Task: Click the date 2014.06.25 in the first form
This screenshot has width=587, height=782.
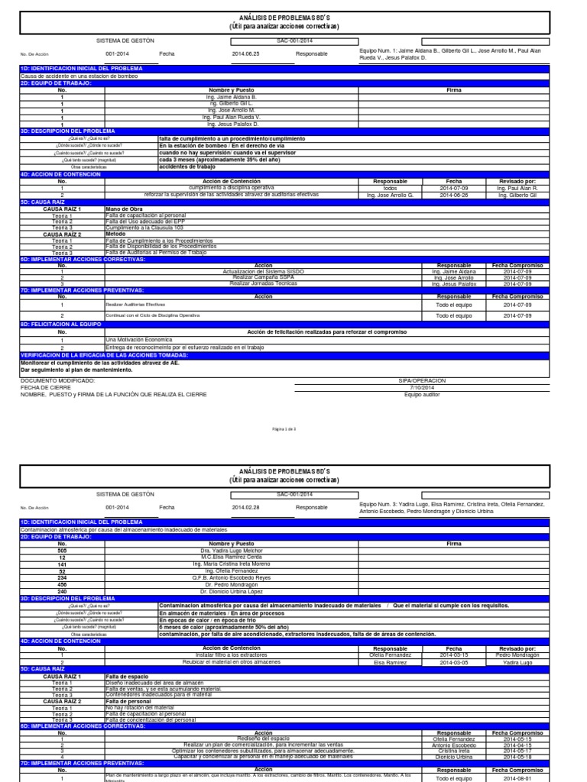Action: tap(245, 54)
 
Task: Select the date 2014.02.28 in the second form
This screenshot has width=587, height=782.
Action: tap(245, 507)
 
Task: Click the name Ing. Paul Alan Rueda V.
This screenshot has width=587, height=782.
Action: tap(230, 117)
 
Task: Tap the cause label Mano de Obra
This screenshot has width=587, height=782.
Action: tap(123, 208)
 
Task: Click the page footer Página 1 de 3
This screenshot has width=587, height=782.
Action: tap(294, 429)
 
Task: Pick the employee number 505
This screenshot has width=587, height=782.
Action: tap(62, 550)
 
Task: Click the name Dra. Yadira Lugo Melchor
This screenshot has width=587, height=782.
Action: tap(230, 550)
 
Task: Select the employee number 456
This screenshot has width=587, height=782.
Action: tap(62, 585)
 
